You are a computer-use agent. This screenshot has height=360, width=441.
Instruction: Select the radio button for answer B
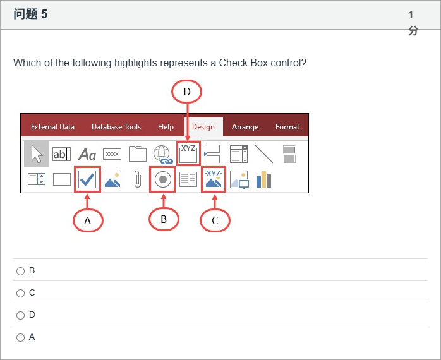(20, 271)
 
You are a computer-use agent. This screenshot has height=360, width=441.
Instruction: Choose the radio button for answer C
(20, 293)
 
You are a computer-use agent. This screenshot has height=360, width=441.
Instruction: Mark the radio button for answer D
(20, 315)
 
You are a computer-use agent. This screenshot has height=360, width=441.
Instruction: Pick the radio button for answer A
(20, 337)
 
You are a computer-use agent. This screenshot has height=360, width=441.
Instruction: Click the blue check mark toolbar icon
(87, 179)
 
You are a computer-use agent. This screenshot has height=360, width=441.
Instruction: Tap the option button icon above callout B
(162, 179)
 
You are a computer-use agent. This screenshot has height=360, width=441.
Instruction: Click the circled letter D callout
(187, 92)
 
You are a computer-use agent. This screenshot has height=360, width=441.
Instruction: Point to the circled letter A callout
(88, 220)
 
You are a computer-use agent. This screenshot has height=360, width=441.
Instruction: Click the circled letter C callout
(215, 220)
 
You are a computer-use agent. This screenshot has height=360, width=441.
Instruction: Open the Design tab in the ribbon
(203, 127)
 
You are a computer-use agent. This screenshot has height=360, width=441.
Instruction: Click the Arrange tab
(245, 127)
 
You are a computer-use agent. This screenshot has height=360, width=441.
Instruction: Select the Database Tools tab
(116, 127)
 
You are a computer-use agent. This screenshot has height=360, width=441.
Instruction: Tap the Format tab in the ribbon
(287, 127)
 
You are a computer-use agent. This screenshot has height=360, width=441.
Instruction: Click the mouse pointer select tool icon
(37, 154)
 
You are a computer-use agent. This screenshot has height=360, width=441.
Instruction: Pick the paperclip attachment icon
(138, 179)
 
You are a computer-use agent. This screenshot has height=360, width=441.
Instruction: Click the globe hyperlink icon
(163, 154)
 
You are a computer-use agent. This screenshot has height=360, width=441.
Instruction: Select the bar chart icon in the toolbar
(264, 179)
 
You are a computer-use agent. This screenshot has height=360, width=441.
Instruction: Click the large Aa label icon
(87, 154)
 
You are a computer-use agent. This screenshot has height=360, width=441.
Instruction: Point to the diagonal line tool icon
(264, 154)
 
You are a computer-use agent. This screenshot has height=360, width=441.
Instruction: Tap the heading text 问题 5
(30, 14)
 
